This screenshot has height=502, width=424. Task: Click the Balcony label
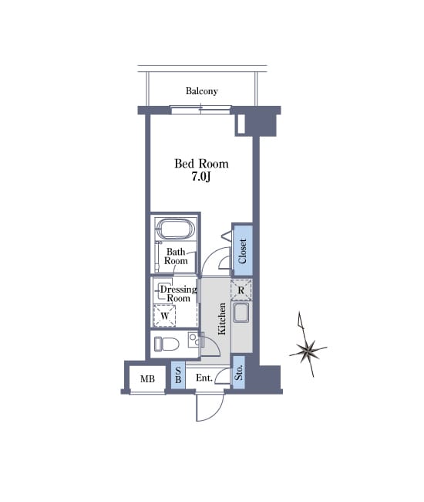coord(202,91)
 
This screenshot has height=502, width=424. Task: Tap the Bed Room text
coord(201,164)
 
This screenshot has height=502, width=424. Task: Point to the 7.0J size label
coord(201,177)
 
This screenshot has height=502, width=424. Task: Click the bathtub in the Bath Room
coord(176,229)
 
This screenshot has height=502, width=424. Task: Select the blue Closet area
coord(242,250)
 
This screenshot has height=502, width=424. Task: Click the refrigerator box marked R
coord(241,290)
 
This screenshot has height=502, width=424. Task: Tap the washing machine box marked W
coord(164,316)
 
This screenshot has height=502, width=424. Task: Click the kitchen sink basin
coord(241,313)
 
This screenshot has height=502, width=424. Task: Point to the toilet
coord(167,344)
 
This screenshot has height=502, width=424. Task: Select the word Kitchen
coord(222,318)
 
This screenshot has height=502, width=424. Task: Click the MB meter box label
coord(147,379)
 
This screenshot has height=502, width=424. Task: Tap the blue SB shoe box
coord(178,375)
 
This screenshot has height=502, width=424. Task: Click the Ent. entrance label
coord(204,378)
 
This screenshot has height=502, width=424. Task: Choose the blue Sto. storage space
coord(238,372)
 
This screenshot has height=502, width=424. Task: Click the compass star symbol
coord(308,348)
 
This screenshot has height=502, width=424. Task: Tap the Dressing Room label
coord(178,293)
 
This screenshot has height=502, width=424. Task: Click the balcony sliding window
coord(201,110)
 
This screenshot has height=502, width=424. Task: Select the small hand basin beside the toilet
coord(193,340)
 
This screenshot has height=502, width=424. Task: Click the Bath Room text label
coord(176,256)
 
